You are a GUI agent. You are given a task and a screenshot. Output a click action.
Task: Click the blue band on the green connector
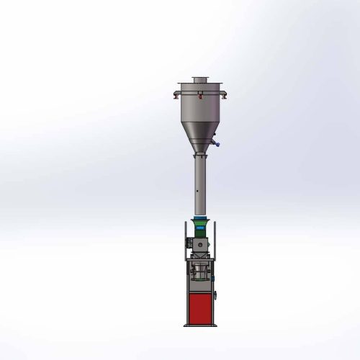[199, 220]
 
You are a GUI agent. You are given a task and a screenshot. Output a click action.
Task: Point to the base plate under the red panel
[199, 325]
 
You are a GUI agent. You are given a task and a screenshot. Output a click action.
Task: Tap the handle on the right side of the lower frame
[215, 297]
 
